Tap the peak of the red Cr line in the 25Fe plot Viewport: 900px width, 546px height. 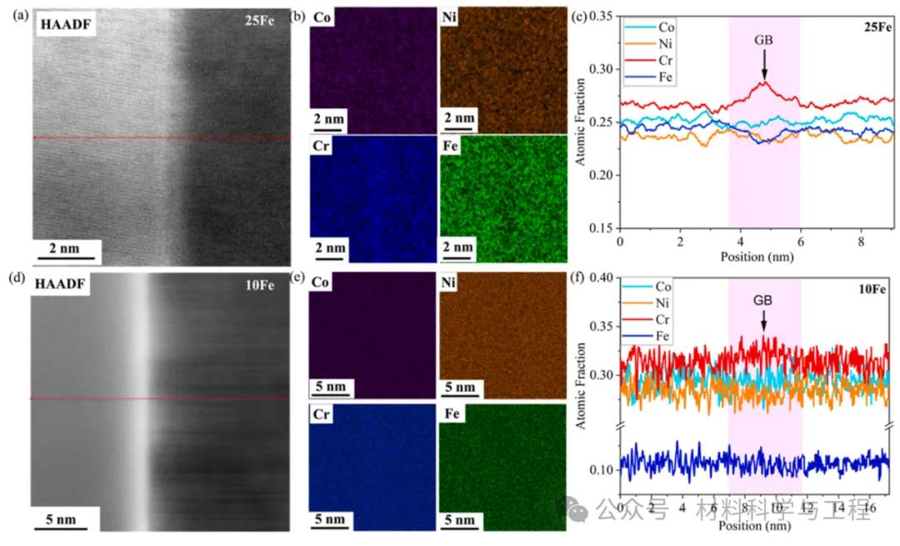763,82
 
